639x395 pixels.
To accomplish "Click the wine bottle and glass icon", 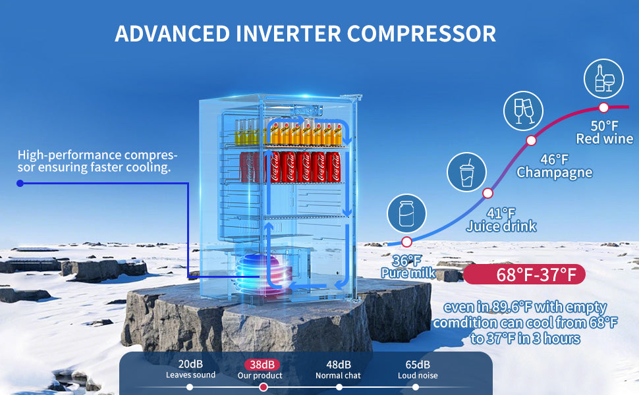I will click(603, 77).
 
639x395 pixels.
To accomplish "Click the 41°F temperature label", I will click(501, 213).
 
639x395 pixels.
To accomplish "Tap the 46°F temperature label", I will click(554, 159).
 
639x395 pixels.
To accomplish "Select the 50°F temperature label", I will click(604, 125).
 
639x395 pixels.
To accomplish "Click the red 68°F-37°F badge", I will click(524, 274).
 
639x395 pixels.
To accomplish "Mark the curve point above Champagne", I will click(531, 140).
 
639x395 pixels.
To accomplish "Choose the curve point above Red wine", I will click(603, 107).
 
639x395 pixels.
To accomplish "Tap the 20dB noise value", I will click(190, 364).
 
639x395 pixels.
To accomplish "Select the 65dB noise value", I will click(418, 364).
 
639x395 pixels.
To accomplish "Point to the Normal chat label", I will click(339, 375).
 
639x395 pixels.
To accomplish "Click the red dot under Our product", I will click(264, 387).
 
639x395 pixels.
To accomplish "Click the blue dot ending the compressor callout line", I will click(20, 183).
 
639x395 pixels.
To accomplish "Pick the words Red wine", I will click(604, 139).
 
